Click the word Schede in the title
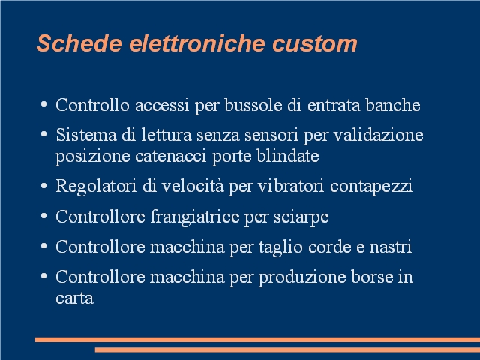point(79,43)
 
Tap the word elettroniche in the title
point(197,43)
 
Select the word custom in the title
point(315,44)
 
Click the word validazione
point(378,135)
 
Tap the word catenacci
point(171,156)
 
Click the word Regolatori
point(96,186)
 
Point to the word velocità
point(193,186)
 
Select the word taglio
point(280,247)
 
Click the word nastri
point(390,247)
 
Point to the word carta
point(74,298)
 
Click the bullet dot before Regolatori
point(43,186)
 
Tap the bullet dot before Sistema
point(43,134)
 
